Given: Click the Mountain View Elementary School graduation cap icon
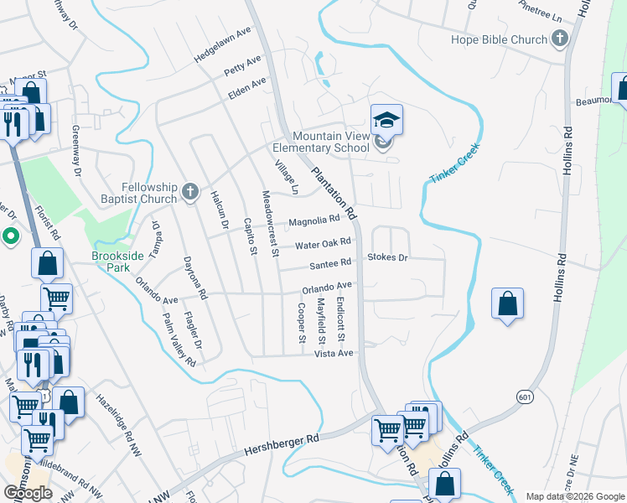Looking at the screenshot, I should tap(386, 120).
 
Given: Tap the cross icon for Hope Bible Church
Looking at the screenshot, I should tap(559, 39).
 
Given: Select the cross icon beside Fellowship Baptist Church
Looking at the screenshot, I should tap(190, 193).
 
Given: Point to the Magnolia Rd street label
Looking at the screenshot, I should tap(314, 221).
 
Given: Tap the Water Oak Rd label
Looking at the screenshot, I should tap(322, 244).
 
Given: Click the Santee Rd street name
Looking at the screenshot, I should tap(329, 264).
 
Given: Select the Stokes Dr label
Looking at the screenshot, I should tap(387, 257).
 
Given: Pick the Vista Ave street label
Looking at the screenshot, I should tap(334, 354).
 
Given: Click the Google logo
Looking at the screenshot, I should tap(28, 493).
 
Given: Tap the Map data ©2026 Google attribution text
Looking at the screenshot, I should tap(574, 496).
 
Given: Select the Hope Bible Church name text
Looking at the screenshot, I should tap(499, 39).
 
